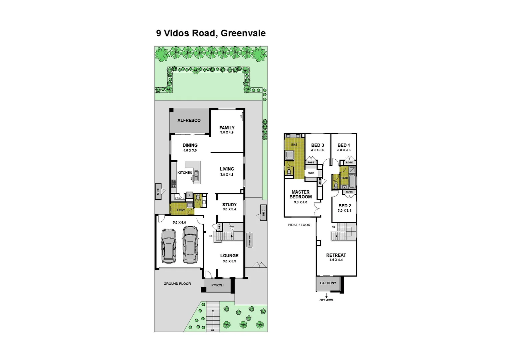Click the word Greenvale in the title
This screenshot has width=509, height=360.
pos(243,33)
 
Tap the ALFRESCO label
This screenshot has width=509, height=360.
pos(189,120)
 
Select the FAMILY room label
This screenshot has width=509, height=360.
pos(227,128)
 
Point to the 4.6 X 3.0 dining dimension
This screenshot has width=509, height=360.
pos(190,151)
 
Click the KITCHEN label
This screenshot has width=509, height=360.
pos(185,173)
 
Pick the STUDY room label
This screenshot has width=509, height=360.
pos(230,205)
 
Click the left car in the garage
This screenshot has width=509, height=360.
pos(169,246)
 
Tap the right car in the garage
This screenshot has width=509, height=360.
pos(190,245)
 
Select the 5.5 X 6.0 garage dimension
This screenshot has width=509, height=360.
pos(179,223)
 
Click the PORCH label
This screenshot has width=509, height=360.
pos(218,285)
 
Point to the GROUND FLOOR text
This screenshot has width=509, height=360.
pos(177,284)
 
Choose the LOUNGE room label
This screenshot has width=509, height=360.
pos(229,256)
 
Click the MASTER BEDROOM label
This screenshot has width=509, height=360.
pos(300,194)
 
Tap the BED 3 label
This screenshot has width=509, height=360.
pos(317,145)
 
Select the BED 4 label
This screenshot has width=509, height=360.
pos(344,145)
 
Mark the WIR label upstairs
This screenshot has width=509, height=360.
pos(311,173)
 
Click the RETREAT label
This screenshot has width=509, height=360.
pos(336,255)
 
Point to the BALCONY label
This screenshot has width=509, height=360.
pos(328,283)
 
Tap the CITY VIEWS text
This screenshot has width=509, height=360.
pos(326,300)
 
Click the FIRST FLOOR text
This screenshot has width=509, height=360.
pos(299,225)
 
